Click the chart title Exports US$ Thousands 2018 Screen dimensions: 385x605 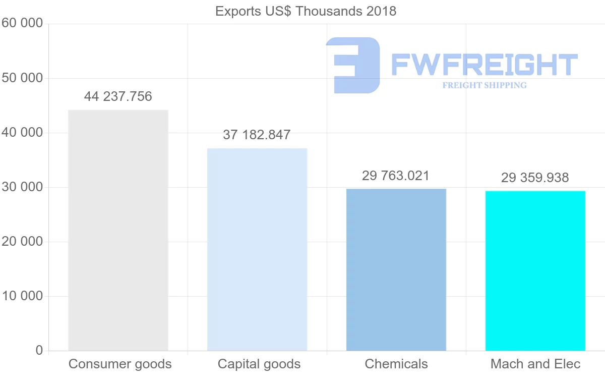pyautogui.click(x=306, y=11)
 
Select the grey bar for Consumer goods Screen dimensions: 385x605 pyautogui.click(x=118, y=230)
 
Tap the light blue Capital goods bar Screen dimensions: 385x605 pyautogui.click(x=257, y=249)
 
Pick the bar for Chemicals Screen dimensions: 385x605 pyautogui.click(x=396, y=269)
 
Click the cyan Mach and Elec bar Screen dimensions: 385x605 pyautogui.click(x=535, y=270)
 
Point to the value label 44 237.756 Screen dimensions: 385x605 pyautogui.click(x=118, y=96)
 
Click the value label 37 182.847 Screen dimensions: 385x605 pyautogui.click(x=257, y=135)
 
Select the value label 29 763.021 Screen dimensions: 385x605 pyautogui.click(x=396, y=176)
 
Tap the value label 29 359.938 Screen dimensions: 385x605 pyautogui.click(x=535, y=178)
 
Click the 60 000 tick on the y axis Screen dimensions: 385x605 pyautogui.click(x=22, y=23)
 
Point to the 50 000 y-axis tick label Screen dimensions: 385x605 pyautogui.click(x=22, y=78)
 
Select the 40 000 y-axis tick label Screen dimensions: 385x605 pyautogui.click(x=22, y=133)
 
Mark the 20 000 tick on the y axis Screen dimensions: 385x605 pyautogui.click(x=22, y=242)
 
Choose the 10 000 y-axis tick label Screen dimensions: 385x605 pyautogui.click(x=22, y=296)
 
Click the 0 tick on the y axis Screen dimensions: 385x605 pyautogui.click(x=39, y=351)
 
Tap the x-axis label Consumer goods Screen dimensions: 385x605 pyautogui.click(x=120, y=364)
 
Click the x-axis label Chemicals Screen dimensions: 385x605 pyautogui.click(x=396, y=364)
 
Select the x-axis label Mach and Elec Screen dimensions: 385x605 pyautogui.click(x=535, y=364)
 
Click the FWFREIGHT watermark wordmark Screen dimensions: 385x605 pyautogui.click(x=484, y=65)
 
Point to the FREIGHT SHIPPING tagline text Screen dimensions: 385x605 pyautogui.click(x=485, y=85)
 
